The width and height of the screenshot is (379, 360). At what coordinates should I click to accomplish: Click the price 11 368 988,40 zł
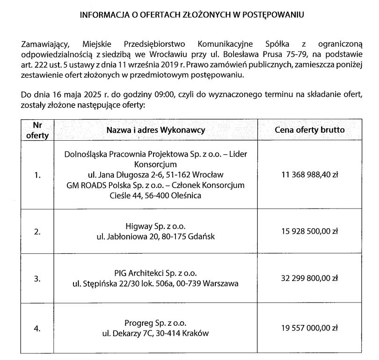(309, 175)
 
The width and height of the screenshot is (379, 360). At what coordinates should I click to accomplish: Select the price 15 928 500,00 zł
(309, 231)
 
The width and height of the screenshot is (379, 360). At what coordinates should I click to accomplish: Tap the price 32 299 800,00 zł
(309, 278)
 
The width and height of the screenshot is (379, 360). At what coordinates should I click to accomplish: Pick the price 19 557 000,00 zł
(309, 329)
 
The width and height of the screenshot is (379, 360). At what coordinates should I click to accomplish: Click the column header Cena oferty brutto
(309, 130)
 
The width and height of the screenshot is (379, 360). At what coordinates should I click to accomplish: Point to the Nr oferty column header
(37, 130)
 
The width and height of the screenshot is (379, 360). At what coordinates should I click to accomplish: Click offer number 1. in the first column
(37, 175)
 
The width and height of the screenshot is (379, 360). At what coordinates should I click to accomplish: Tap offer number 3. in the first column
(37, 278)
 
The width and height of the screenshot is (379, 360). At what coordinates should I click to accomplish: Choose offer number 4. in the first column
(37, 329)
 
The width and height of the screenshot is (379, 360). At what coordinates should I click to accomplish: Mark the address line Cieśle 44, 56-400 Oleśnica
(156, 196)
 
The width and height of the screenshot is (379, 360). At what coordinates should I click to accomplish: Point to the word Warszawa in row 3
(221, 283)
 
